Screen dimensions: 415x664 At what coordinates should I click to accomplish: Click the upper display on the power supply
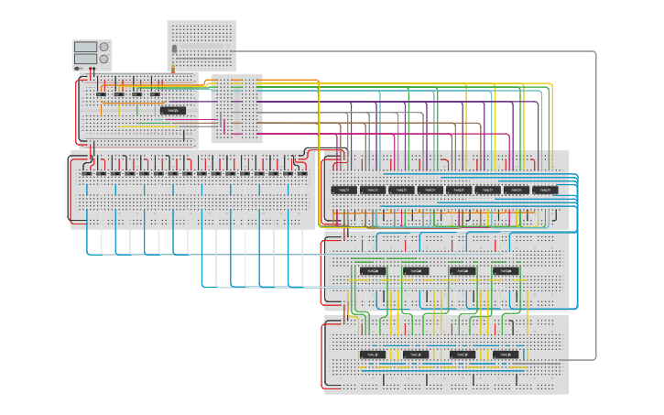[85, 47]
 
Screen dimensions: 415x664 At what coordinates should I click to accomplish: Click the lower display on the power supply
[85, 59]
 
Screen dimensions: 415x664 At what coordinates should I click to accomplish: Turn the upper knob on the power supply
[103, 47]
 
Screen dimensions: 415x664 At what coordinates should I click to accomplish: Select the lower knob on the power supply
[103, 59]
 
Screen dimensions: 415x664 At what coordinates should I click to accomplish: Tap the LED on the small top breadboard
[174, 49]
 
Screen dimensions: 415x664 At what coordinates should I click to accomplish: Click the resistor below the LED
[174, 66]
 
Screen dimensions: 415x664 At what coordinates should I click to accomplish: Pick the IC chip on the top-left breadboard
[173, 110]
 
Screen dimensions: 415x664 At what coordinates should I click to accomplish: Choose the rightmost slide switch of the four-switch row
[155, 93]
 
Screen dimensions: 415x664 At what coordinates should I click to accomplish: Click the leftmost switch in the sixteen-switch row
[87, 172]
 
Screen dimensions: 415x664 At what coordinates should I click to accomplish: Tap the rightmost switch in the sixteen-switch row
[302, 172]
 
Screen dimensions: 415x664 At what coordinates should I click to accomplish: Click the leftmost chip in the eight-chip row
[343, 190]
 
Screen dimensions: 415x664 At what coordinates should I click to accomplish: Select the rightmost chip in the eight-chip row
[545, 190]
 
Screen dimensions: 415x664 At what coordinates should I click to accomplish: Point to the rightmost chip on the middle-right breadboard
[506, 271]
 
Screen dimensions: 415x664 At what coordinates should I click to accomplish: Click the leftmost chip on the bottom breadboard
[372, 354]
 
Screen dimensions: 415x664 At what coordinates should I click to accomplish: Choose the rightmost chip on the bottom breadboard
[506, 354]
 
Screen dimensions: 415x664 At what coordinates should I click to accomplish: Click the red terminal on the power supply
[91, 69]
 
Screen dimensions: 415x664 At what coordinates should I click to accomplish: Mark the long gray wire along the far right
[596, 202]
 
